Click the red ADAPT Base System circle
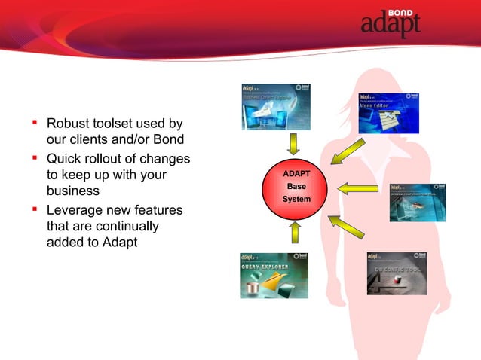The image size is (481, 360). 296,188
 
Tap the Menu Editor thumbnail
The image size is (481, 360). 388,113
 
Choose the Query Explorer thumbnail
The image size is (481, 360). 274,275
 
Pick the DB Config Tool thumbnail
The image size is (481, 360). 396,273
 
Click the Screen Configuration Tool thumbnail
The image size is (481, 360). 417,203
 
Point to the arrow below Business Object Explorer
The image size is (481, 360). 295,143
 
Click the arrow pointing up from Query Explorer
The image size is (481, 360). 295,232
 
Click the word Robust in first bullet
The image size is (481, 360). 68,124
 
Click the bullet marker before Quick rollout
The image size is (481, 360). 35,158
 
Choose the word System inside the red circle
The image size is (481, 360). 296,200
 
